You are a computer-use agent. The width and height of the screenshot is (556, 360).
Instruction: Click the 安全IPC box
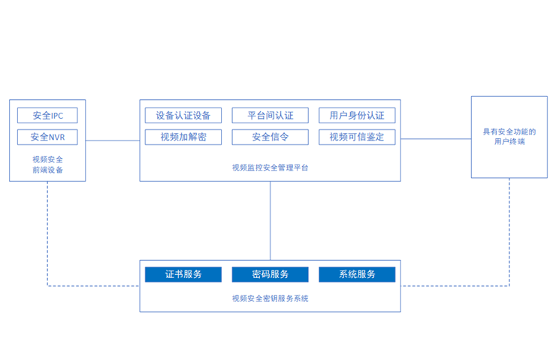click(x=47, y=116)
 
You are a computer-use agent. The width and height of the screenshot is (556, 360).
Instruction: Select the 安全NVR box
click(x=47, y=138)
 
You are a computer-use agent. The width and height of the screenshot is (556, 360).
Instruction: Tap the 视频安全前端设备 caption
click(x=47, y=165)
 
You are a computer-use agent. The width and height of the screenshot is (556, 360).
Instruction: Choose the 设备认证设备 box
click(x=183, y=116)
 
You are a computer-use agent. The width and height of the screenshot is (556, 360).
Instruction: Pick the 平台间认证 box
click(x=270, y=116)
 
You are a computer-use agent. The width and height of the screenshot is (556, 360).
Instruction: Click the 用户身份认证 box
click(x=357, y=116)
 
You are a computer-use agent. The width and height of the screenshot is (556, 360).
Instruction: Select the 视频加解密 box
click(x=183, y=137)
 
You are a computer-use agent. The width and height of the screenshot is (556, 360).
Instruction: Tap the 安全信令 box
click(x=270, y=137)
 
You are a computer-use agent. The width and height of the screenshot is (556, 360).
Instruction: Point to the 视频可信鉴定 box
click(x=357, y=137)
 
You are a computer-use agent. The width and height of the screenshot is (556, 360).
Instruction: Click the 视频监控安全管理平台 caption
click(x=270, y=168)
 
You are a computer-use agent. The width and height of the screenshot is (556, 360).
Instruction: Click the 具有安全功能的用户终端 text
click(x=509, y=136)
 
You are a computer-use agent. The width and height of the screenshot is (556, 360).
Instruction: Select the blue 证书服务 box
click(x=183, y=274)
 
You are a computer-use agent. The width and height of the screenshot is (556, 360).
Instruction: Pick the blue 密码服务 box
click(x=270, y=274)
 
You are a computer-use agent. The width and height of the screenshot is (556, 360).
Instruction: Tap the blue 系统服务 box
click(x=357, y=274)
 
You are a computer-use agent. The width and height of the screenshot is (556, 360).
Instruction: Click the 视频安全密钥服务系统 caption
click(x=270, y=298)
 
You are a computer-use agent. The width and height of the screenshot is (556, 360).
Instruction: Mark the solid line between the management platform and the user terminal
click(x=436, y=138)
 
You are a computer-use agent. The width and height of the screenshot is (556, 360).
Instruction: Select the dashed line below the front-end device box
click(x=48, y=233)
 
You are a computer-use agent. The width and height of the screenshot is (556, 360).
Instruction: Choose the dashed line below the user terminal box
click(x=509, y=233)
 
